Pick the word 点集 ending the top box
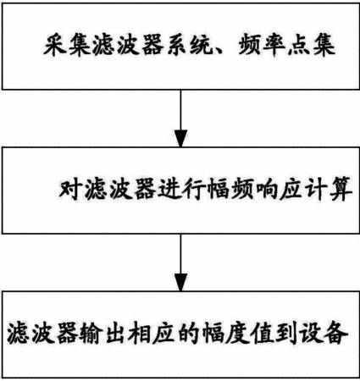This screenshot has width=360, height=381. pos(312,45)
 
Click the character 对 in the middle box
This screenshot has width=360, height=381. pos(70,189)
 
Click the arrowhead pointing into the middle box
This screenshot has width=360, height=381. pos(180,138)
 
